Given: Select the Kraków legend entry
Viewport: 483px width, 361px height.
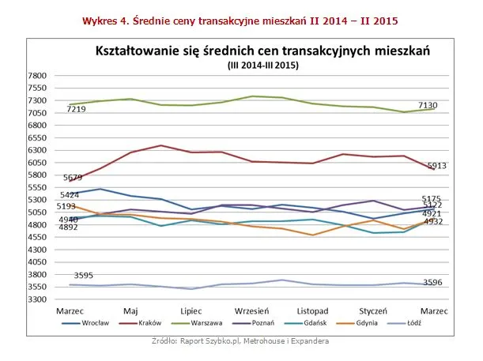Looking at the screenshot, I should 151,323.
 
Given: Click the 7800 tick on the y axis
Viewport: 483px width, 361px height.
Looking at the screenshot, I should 38,76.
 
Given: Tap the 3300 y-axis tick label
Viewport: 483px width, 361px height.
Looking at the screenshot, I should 38,299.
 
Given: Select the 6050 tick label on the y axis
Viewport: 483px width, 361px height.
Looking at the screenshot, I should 38,163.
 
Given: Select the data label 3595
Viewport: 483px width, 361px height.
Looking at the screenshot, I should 83,276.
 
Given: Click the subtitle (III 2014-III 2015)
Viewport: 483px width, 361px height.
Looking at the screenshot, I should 262,65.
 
